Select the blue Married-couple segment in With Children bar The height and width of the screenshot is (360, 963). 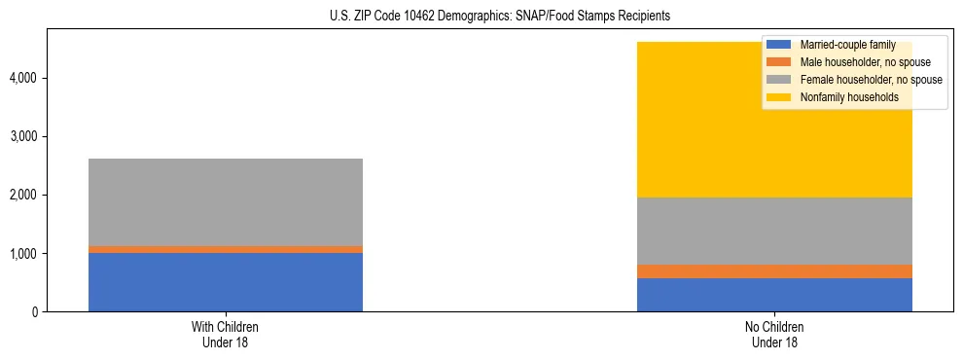click(x=226, y=282)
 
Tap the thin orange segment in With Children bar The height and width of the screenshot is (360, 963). click(x=226, y=249)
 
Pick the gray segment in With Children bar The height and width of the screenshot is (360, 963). click(x=226, y=201)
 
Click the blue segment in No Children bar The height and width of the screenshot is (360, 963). click(x=774, y=295)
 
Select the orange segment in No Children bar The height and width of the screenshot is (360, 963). click(x=774, y=271)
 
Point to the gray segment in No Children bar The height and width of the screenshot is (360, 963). click(x=774, y=231)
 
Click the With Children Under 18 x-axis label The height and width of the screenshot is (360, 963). click(x=226, y=334)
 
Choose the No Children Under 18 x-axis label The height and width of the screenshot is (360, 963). click(x=774, y=334)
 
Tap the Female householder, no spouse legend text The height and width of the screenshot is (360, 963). click(x=870, y=80)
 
